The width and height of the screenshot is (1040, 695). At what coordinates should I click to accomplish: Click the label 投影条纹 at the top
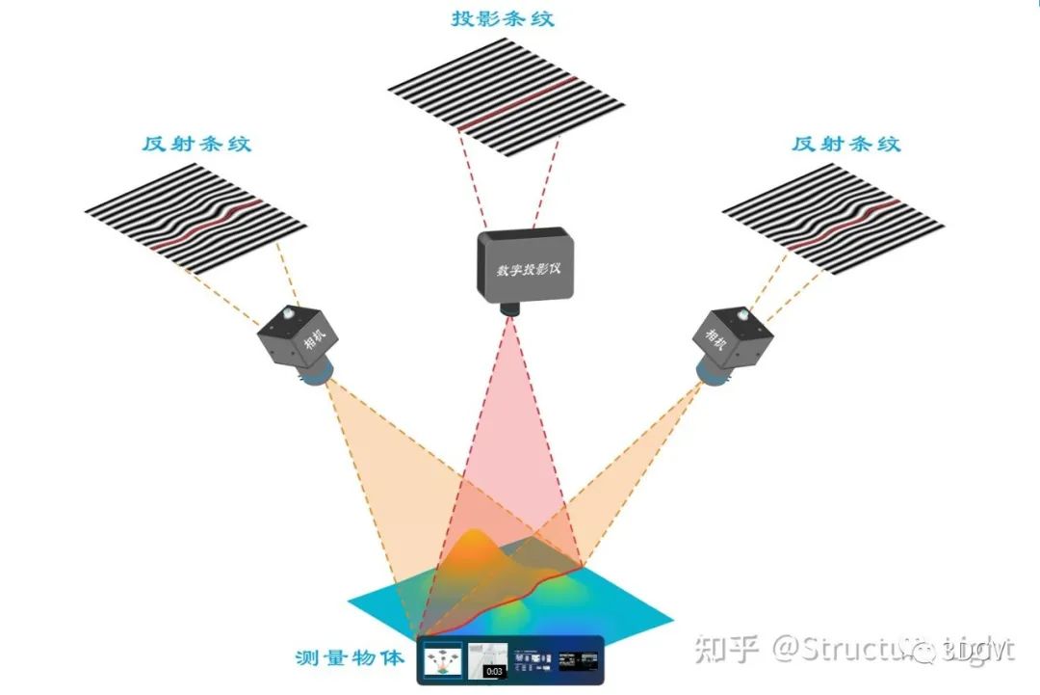coord(503,19)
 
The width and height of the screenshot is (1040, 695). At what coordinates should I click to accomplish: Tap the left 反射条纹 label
coord(196,145)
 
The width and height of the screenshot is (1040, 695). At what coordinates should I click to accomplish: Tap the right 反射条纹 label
coord(846,145)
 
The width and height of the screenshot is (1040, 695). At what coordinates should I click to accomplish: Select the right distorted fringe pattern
coord(833,221)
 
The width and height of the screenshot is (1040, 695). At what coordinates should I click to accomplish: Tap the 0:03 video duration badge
coord(493,671)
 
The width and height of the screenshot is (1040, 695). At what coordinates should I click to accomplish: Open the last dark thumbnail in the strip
coord(579,660)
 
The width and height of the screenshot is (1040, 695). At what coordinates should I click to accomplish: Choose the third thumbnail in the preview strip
coord(532,660)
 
